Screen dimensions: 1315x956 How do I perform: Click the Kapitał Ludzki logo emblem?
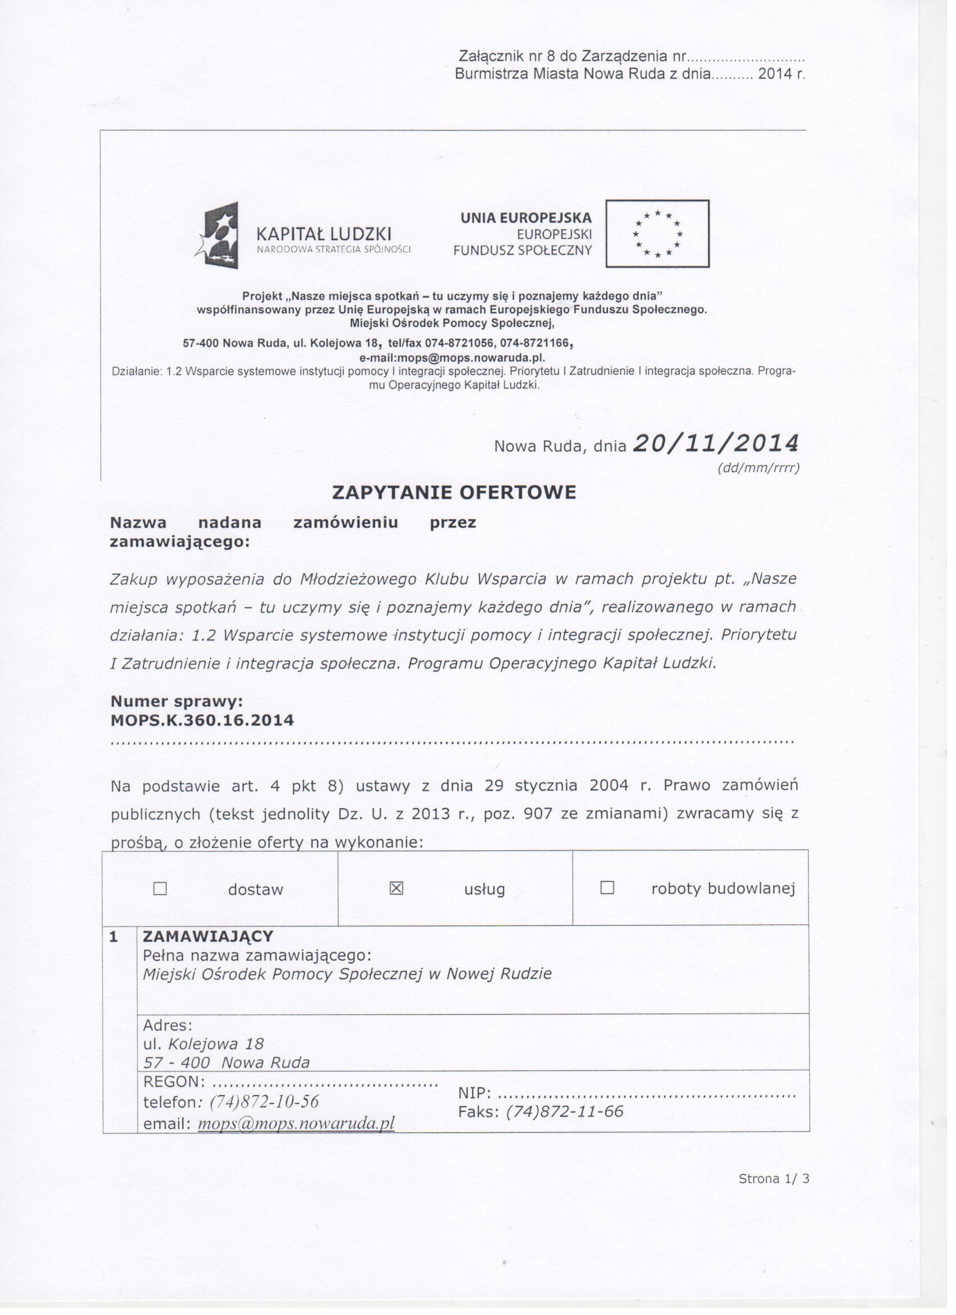(219, 236)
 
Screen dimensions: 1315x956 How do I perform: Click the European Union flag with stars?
(657, 233)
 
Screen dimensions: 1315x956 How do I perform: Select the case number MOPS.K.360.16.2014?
(202, 720)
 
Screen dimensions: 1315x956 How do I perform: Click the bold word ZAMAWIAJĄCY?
(208, 936)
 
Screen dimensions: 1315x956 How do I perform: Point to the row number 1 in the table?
(114, 937)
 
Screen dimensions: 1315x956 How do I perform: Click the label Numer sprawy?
(176, 701)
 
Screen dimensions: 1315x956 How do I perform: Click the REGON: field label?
(174, 1082)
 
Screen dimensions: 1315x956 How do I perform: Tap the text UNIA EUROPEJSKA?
(526, 218)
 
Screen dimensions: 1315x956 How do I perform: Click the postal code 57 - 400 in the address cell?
(176, 1062)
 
